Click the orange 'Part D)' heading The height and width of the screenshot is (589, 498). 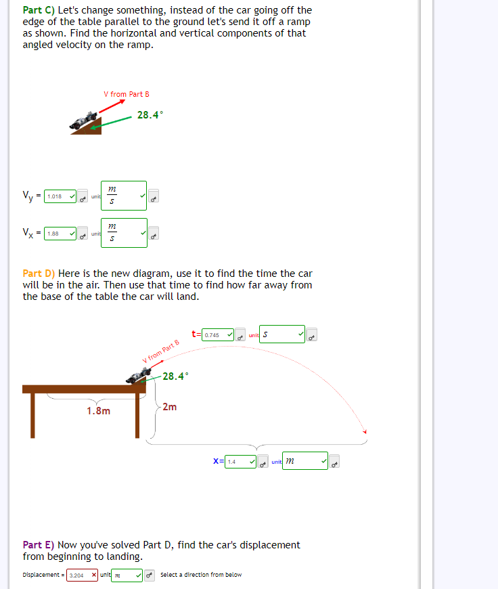click(x=39, y=274)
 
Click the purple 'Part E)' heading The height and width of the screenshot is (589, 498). click(x=39, y=544)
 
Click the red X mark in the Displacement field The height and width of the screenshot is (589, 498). click(x=94, y=575)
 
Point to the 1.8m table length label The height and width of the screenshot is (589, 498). click(x=99, y=411)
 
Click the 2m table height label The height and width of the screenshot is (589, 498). click(x=170, y=407)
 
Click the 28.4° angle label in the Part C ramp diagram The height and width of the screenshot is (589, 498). click(x=150, y=115)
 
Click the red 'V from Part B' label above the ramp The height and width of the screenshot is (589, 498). click(x=126, y=94)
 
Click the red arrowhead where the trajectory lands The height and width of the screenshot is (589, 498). click(x=365, y=432)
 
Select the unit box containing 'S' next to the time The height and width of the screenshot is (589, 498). click(x=281, y=334)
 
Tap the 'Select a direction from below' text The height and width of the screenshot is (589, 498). click(x=201, y=575)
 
